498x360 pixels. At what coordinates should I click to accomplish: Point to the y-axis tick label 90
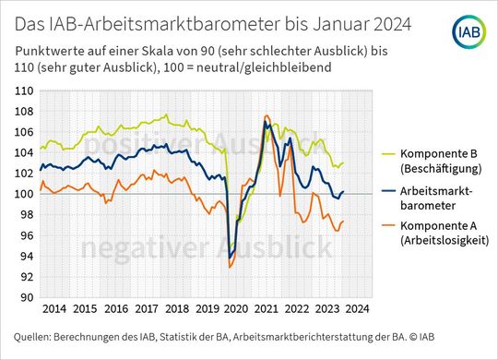[x=27, y=297]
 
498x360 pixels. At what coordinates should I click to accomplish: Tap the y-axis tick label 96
[x=27, y=235]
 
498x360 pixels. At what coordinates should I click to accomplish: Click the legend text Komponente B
[x=421, y=154]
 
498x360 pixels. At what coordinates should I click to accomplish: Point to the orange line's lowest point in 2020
[x=229, y=268]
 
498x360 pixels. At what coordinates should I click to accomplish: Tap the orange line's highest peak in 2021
[x=266, y=116]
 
